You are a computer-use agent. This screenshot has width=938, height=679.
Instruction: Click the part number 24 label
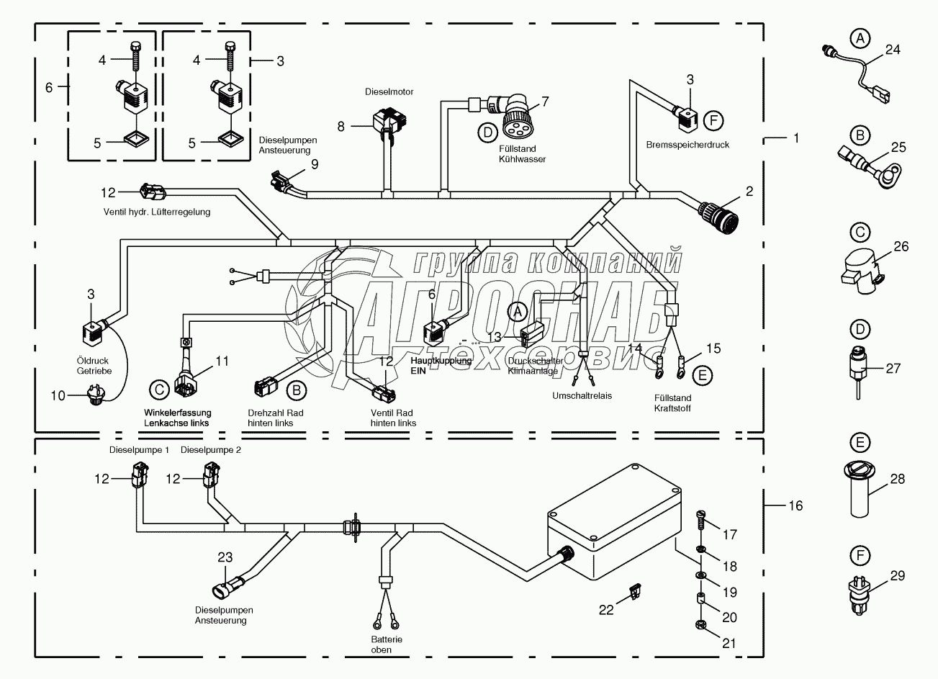pyautogui.click(x=893, y=50)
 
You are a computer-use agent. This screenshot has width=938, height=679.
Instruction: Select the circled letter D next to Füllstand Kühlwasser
pyautogui.click(x=488, y=131)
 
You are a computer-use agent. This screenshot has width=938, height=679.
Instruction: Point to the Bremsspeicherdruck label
pyautogui.click(x=687, y=145)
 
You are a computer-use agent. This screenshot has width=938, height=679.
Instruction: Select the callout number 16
pyautogui.click(x=795, y=505)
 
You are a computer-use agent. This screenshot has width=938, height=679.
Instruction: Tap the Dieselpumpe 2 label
pyautogui.click(x=210, y=450)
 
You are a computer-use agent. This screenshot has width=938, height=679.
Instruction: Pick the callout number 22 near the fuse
pyautogui.click(x=607, y=609)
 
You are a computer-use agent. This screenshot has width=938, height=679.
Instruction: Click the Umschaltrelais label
pyautogui.click(x=582, y=396)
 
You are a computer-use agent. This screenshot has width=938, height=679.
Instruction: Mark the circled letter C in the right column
pyautogui.click(x=858, y=232)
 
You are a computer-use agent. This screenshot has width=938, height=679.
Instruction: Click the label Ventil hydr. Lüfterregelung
pyautogui.click(x=155, y=212)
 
